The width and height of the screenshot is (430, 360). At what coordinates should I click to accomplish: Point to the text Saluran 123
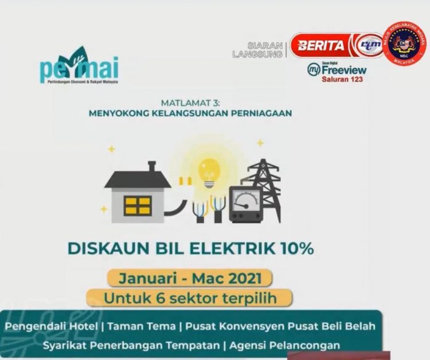[x=342, y=79]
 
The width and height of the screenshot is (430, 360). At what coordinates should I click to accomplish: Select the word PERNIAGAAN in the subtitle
[x=261, y=113]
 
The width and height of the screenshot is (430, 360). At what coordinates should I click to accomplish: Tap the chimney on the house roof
[x=152, y=166]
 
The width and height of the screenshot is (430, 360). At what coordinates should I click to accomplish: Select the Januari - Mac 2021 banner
[x=187, y=279]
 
